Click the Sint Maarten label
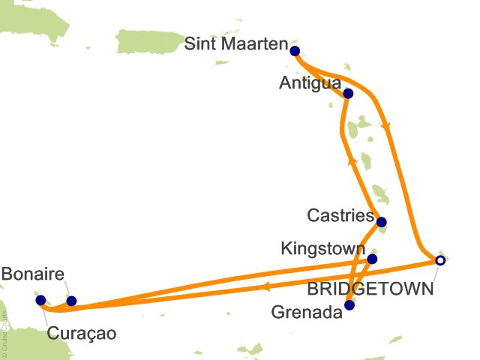coord(236,46)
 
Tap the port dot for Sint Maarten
coord(295,52)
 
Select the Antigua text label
coord(310,82)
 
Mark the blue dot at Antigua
coord(348,94)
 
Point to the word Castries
coord(340,216)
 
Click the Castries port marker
coord(382,222)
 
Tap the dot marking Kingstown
coord(372,259)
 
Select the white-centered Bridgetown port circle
coord(440,260)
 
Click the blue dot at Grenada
coord(349,305)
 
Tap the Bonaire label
coord(33,275)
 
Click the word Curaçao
coord(82,333)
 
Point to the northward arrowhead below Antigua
coord(350,159)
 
